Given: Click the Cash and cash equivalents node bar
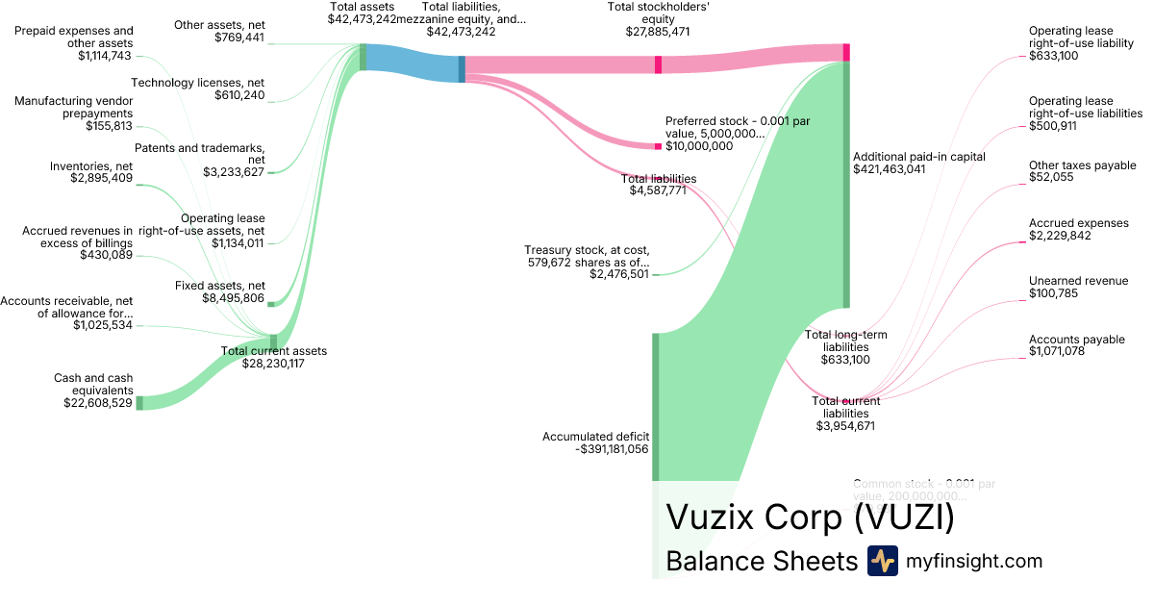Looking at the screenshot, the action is pos(138,403).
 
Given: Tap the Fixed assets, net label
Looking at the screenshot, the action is pos(219,286).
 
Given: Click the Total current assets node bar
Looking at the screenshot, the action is pos(273,341).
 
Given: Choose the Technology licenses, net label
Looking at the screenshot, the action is pos(197,83).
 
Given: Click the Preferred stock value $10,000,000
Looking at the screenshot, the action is pos(699,146).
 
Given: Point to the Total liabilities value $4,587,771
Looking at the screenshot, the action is pos(658,191).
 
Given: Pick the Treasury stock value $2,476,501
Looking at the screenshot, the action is pos(619,275).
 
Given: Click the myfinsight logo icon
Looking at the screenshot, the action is pos(882,561).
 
